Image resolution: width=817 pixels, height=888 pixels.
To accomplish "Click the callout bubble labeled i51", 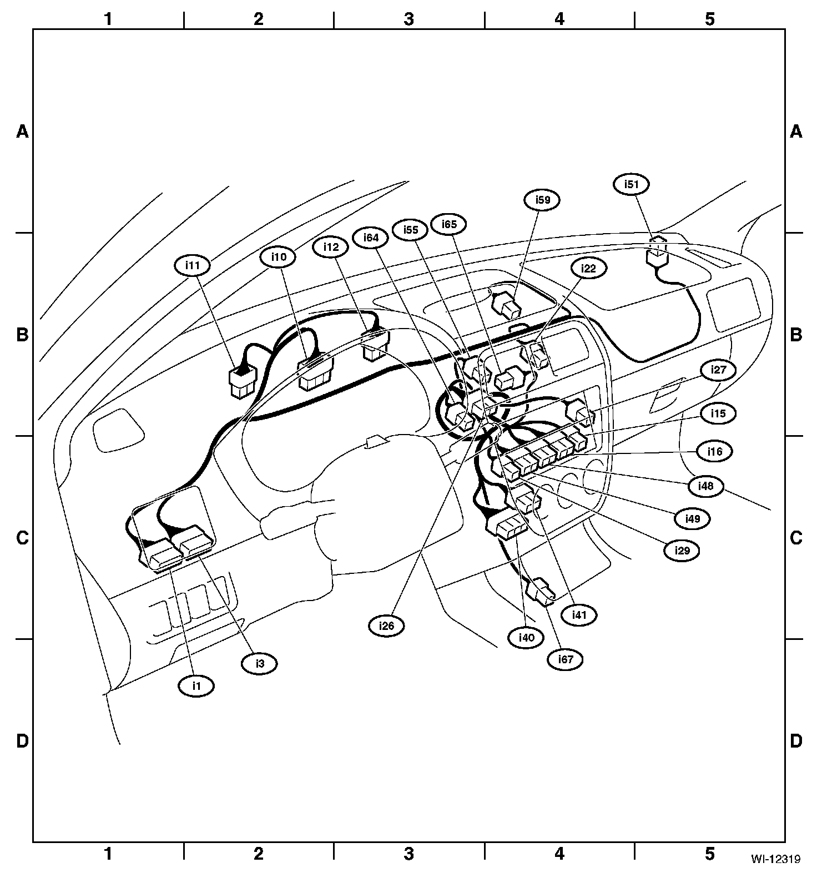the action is (x=632, y=184).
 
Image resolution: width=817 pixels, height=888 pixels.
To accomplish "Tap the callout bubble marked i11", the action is (x=192, y=265).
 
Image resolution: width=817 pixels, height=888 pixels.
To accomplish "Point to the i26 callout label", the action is (x=386, y=625).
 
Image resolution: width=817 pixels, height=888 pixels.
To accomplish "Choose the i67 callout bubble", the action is (x=565, y=659).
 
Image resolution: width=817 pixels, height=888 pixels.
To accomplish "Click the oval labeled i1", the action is (x=196, y=685).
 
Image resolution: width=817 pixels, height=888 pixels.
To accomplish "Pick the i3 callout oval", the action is (x=259, y=663).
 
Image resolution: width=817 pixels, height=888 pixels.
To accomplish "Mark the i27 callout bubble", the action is (x=718, y=370).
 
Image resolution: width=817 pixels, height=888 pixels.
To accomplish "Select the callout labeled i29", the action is (x=682, y=551).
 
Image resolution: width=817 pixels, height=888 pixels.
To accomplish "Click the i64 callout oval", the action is (x=371, y=238).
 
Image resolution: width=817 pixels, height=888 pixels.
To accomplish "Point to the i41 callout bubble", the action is (x=579, y=614).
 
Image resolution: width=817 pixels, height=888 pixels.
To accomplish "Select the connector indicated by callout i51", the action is (x=657, y=255).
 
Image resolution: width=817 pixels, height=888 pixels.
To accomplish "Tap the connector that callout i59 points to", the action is (x=507, y=304).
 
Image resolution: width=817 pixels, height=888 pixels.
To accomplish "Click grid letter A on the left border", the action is (x=22, y=132).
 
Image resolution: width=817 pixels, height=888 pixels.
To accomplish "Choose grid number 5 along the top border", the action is (x=710, y=19).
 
